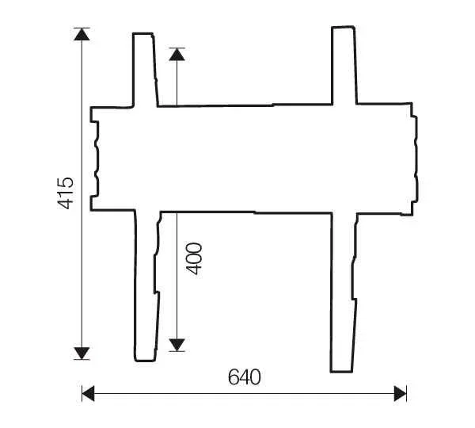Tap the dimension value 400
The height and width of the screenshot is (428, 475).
tap(194, 258)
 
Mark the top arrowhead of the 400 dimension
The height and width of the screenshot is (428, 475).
tap(177, 55)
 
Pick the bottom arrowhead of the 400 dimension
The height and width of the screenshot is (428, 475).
tap(177, 344)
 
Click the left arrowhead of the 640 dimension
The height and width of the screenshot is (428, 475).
tap(88, 392)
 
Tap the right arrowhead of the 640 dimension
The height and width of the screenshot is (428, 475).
tap(401, 392)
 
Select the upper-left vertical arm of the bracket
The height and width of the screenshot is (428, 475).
tap(144, 69)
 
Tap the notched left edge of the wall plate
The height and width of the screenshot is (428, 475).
tap(94, 159)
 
